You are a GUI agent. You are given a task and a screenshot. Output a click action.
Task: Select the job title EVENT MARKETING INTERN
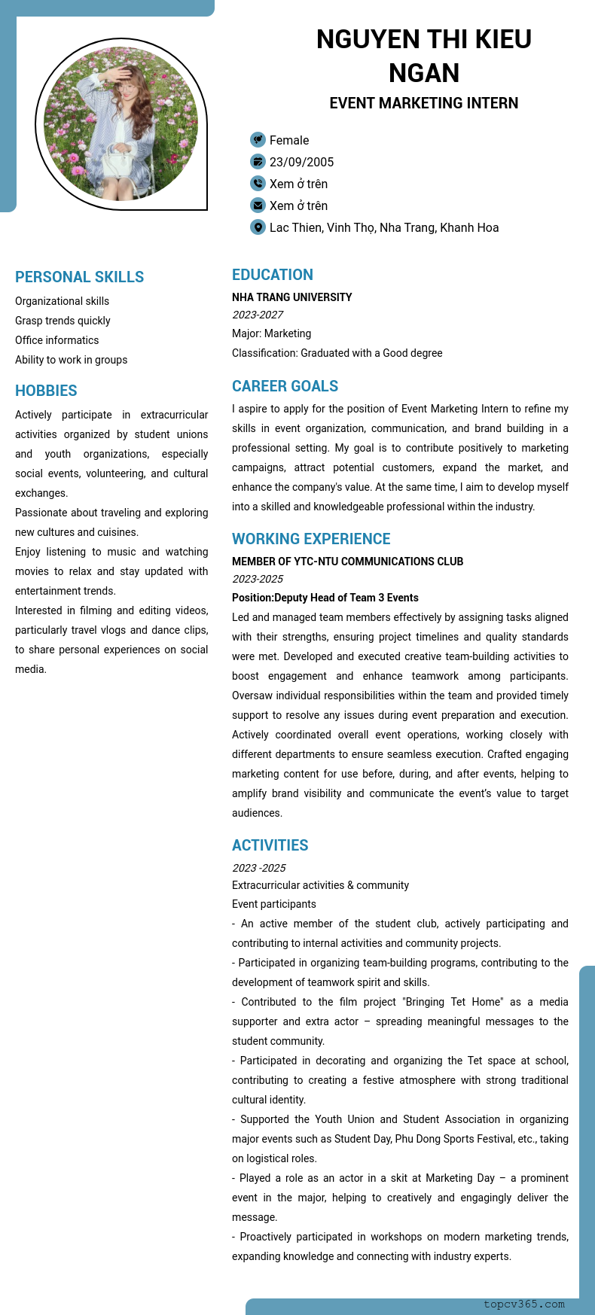click(423, 103)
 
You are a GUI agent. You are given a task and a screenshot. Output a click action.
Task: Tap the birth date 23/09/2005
click(301, 162)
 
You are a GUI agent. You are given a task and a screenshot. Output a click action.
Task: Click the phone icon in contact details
click(258, 184)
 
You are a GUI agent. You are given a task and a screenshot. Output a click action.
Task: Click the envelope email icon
click(258, 205)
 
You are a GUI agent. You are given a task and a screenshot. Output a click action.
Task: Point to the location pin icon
click(258, 227)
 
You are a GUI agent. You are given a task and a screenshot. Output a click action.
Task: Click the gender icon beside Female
click(258, 140)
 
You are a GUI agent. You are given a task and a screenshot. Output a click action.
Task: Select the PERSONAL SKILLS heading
click(79, 277)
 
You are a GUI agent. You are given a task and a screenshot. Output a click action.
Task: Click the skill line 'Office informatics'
click(57, 340)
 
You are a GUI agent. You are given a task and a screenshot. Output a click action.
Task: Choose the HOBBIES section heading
click(46, 391)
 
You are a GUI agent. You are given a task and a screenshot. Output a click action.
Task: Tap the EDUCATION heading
click(273, 275)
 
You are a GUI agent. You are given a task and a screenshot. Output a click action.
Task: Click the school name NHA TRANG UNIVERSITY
click(292, 297)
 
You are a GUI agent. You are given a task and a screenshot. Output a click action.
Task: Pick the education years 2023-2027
click(258, 315)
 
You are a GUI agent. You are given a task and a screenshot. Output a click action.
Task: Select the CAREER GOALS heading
click(285, 386)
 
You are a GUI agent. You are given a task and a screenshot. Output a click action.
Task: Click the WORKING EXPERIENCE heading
click(311, 539)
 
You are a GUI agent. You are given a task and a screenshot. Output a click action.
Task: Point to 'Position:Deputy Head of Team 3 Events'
click(325, 598)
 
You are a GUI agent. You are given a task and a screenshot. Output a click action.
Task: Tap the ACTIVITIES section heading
click(270, 845)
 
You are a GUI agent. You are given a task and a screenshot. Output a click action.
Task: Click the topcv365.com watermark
click(524, 1304)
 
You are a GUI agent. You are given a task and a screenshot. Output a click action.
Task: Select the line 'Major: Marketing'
click(271, 333)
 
